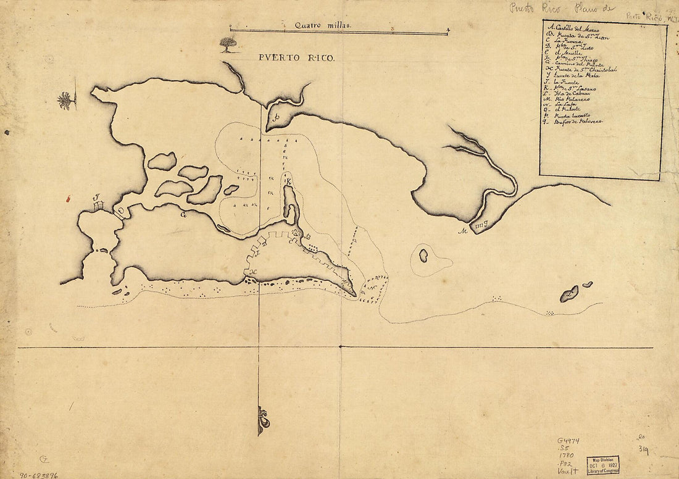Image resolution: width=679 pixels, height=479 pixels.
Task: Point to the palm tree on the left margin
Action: coord(65,101)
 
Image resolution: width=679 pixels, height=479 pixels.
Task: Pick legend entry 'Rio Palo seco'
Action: coord(568,99)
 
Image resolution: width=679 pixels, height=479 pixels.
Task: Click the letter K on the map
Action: coord(288,180)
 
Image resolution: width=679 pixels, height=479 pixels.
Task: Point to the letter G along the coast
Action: coord(183,215)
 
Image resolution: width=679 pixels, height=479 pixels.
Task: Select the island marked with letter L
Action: coord(569,294)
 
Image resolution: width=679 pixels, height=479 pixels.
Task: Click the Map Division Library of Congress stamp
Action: coord(603,465)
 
